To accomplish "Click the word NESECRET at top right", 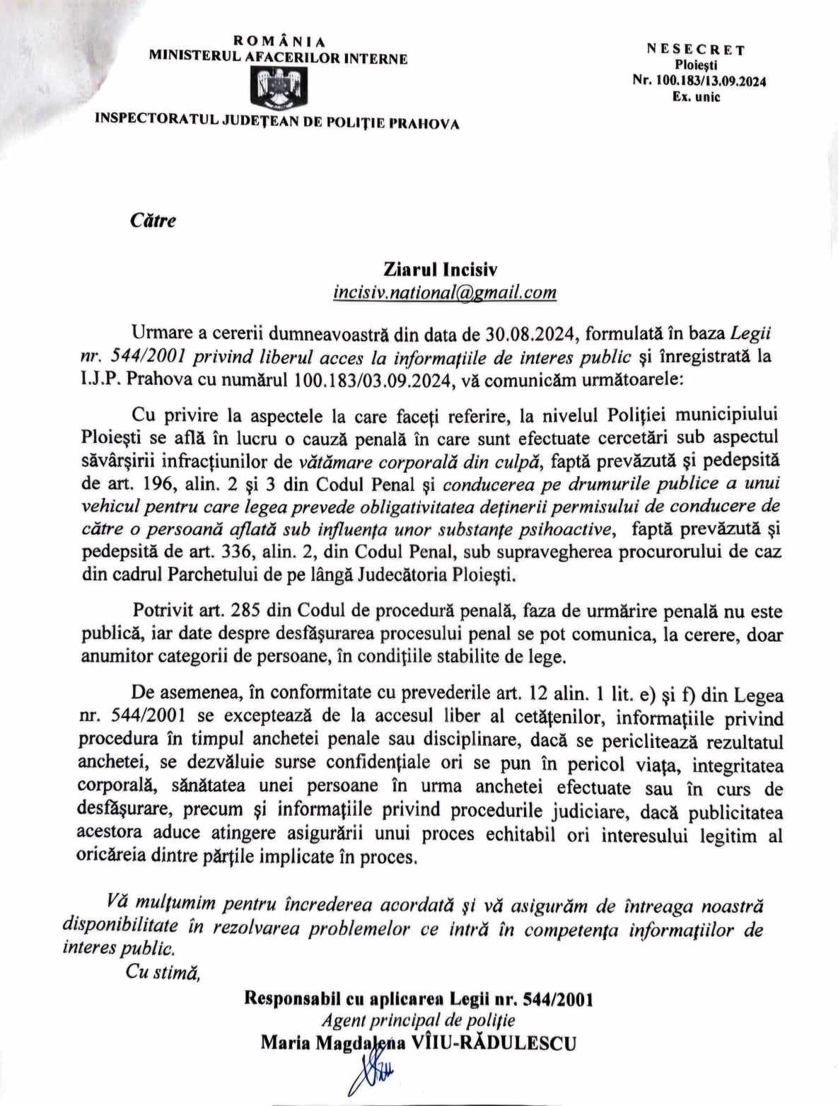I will pos(696,50).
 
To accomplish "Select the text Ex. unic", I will pos(696,97).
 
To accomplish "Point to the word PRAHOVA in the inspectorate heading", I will pos(426,124).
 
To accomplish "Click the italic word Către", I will pos(153,220).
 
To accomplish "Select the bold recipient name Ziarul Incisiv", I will pos(441,270).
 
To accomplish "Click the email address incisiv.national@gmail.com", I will pos(444,292).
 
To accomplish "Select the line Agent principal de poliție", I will pos(418,1020).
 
